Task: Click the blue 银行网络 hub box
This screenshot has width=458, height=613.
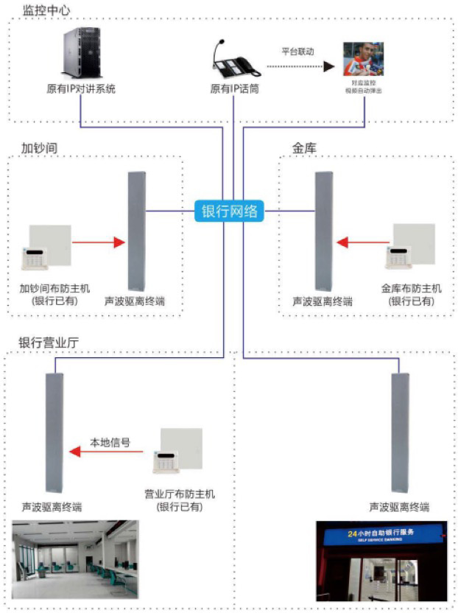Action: click(x=229, y=211)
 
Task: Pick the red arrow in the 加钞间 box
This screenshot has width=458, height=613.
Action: click(x=95, y=240)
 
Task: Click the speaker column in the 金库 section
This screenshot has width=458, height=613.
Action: click(x=323, y=231)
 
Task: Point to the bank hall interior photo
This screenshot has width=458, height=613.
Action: click(x=76, y=559)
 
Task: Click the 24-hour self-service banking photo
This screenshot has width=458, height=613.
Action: click(x=381, y=561)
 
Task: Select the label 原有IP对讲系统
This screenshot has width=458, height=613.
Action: click(x=80, y=90)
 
